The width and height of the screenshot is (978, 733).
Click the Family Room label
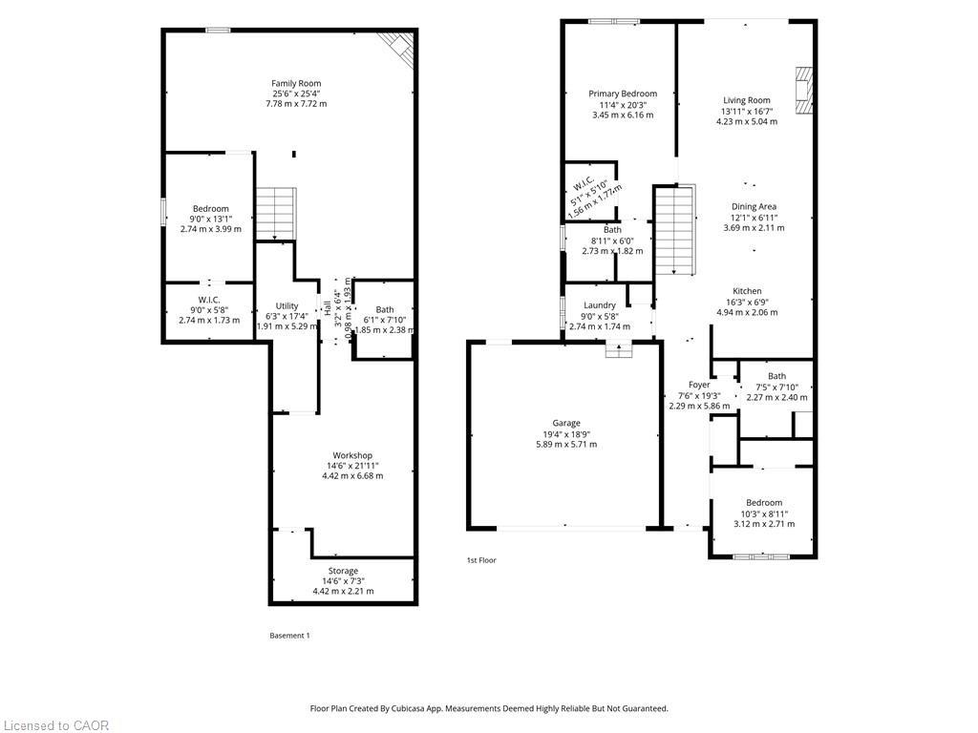(295, 83)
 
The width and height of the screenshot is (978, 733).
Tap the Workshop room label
(352, 455)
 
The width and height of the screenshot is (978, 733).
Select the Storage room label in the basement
(343, 571)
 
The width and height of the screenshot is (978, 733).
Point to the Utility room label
(287, 305)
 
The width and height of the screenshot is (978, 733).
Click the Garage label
(565, 423)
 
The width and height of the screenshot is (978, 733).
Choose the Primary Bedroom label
(623, 94)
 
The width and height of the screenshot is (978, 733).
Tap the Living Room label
(746, 100)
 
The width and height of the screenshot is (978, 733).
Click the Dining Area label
(754, 206)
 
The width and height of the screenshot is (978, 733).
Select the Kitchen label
(747, 291)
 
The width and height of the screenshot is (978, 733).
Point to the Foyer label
(699, 385)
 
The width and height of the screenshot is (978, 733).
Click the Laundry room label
(600, 305)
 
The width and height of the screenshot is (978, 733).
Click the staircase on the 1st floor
(672, 230)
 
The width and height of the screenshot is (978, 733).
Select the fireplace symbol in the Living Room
(803, 92)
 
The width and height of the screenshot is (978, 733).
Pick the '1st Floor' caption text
(481, 560)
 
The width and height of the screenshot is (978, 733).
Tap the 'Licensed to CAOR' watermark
(55, 725)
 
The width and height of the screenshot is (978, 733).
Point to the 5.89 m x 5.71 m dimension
(565, 444)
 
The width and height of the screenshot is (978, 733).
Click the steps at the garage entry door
(619, 350)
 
